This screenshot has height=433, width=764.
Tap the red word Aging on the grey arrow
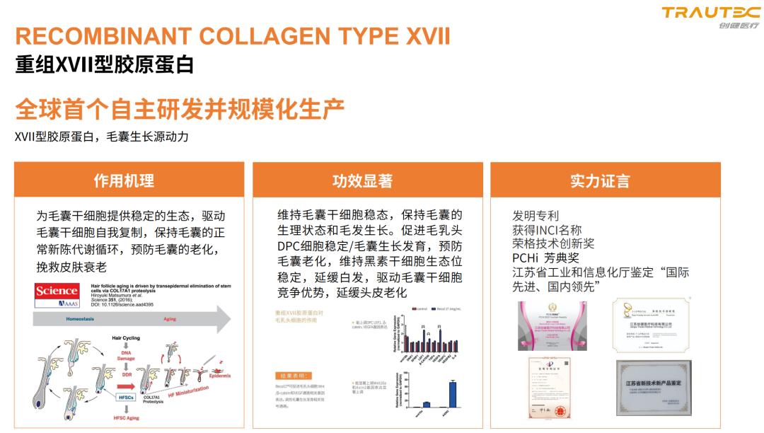169,319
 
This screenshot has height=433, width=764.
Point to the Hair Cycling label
125,338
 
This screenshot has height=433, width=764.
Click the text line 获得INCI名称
547,230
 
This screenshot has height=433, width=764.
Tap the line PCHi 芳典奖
545,258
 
